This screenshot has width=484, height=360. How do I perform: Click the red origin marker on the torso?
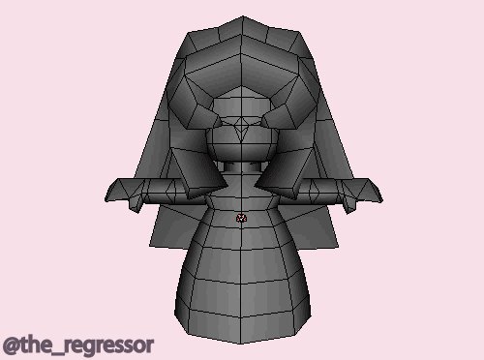(x=241, y=219)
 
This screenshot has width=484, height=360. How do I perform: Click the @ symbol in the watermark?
(x=12, y=345)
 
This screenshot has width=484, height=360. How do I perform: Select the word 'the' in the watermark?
(x=36, y=344)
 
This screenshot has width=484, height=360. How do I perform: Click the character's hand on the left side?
(x=124, y=194)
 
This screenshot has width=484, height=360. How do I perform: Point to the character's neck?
(x=241, y=167)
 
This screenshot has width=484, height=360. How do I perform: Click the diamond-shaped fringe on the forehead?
(x=241, y=129)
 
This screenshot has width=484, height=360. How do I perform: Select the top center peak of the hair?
(x=243, y=16)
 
